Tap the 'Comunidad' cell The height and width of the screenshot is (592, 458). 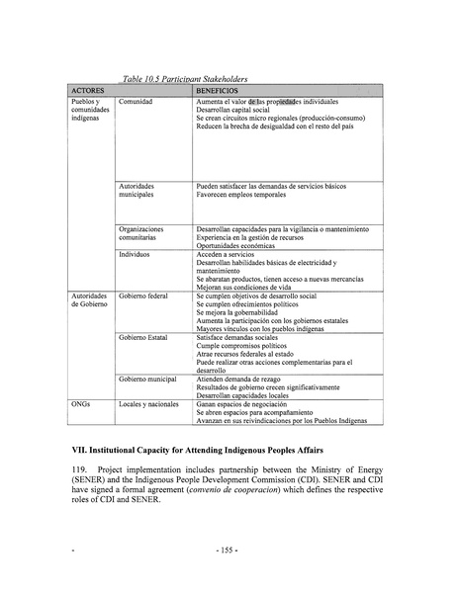(137, 102)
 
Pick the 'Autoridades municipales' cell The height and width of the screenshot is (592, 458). (142, 190)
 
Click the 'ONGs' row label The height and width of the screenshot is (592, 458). (82, 405)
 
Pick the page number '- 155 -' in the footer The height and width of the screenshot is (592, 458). (228, 573)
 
